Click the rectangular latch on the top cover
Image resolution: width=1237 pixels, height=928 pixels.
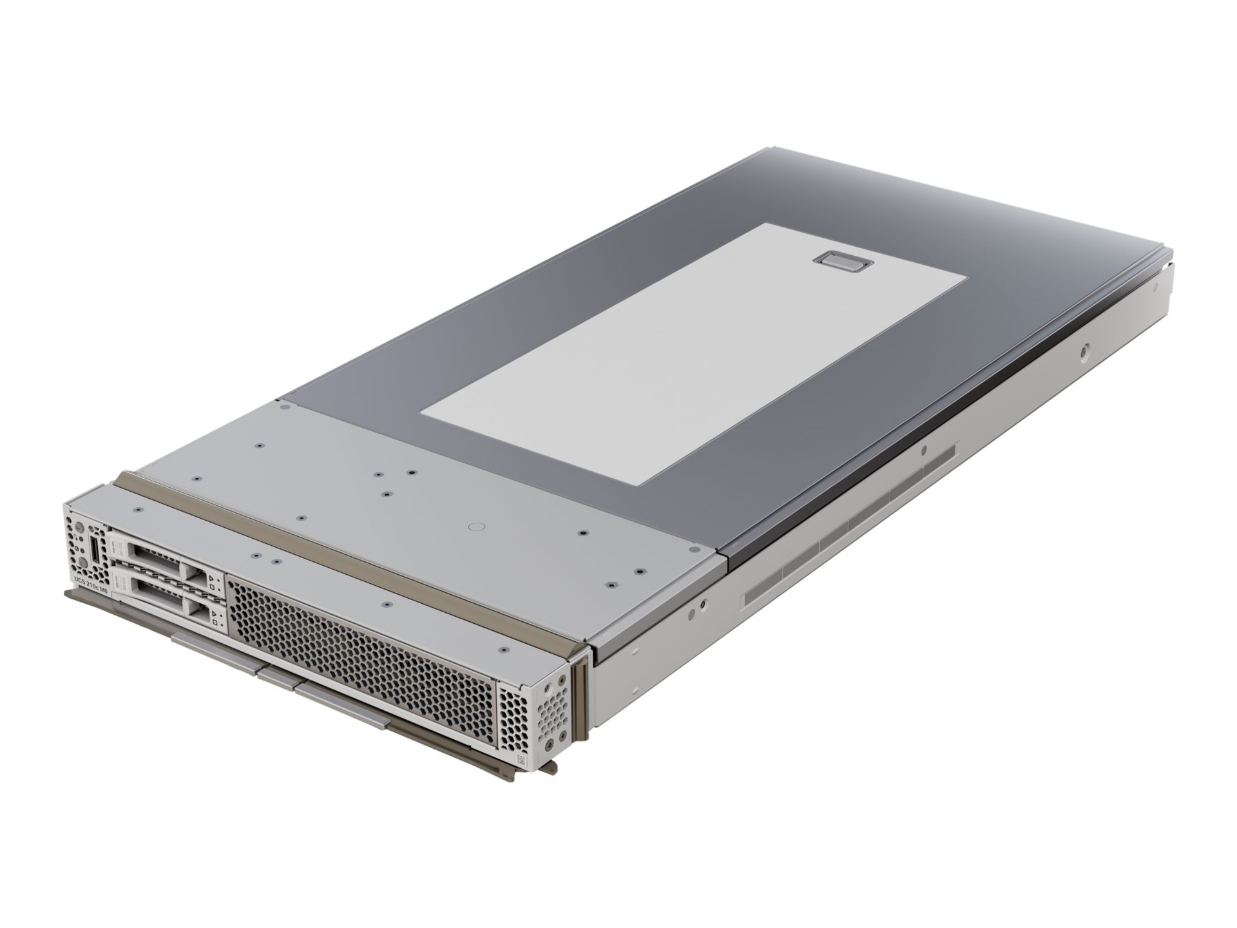pyautogui.click(x=842, y=262)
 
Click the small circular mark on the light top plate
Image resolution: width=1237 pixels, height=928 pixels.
pyautogui.click(x=477, y=527)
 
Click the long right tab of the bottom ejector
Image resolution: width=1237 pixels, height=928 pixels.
pyautogui.click(x=341, y=705)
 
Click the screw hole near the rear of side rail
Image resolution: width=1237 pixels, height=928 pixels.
pyautogui.click(x=1086, y=352)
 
